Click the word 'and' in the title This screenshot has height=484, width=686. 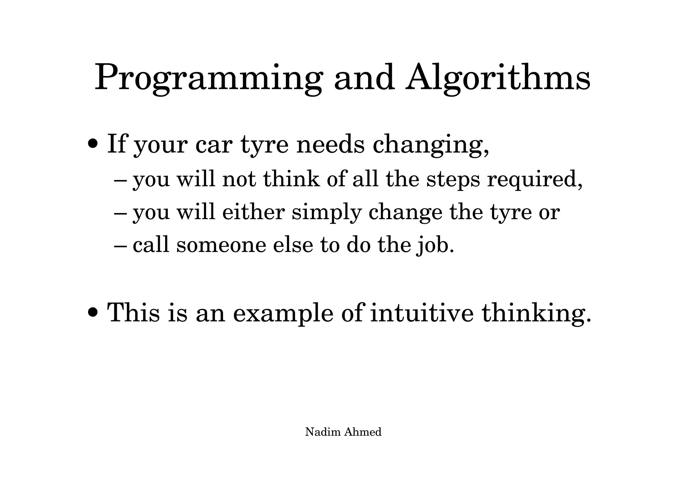[364, 79]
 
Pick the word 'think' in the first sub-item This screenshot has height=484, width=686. [291, 179]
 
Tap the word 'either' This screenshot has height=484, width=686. [253, 212]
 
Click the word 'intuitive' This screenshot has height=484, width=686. [422, 313]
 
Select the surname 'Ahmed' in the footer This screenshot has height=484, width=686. [363, 432]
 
